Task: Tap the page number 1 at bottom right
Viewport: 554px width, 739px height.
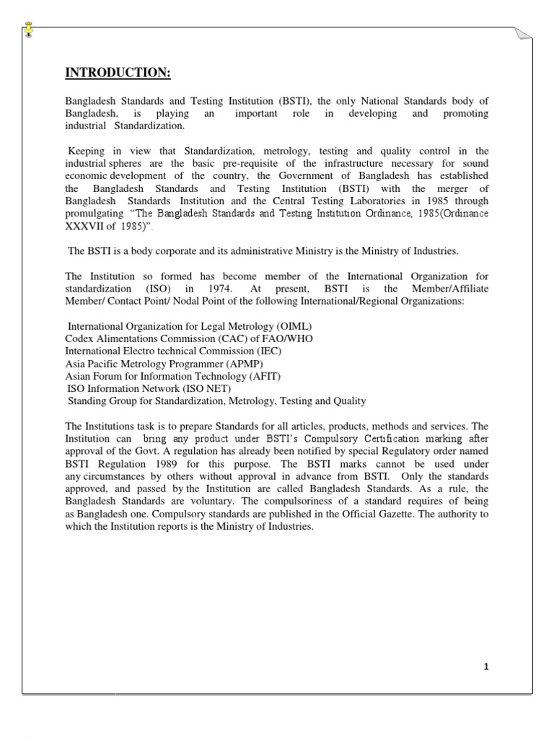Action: click(486, 666)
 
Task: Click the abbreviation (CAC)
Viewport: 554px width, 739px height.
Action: click(219, 338)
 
